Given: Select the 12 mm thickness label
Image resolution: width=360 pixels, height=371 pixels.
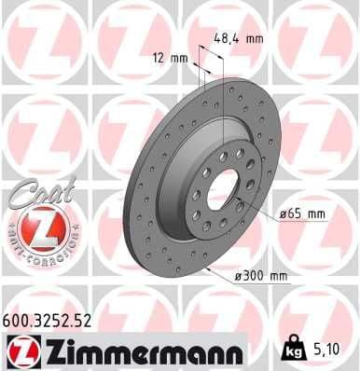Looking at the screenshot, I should pyautogui.click(x=171, y=57).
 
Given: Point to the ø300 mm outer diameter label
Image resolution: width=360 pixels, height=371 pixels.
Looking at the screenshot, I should pyautogui.click(x=262, y=277).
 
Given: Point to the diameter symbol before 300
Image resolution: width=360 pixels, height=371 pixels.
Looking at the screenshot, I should pyautogui.click(x=240, y=277).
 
